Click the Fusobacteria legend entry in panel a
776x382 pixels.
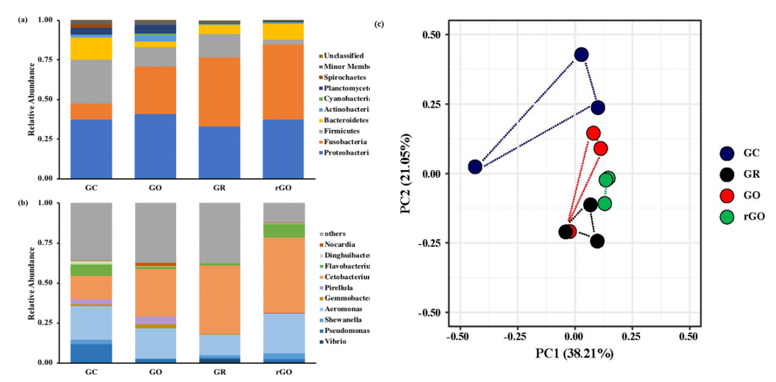coord(347,142)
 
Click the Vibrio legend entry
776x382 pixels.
coord(339,341)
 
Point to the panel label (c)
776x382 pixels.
coord(380,25)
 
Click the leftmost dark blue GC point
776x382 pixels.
coord(475,167)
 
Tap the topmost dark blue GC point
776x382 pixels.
coord(581,55)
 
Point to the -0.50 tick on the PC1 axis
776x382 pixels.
coord(458,337)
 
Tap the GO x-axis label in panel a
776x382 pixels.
coord(155,188)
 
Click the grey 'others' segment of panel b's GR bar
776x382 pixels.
coord(219,233)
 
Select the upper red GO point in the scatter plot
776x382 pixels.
coord(593,133)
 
